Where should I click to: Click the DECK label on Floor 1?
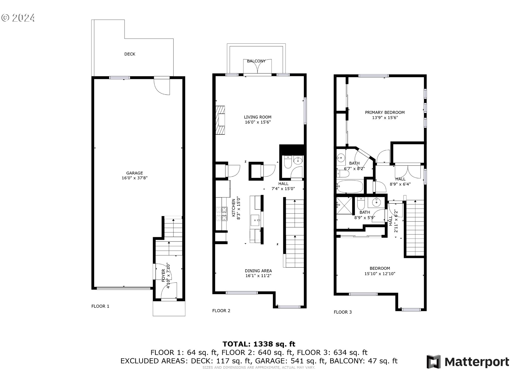pos(129,54)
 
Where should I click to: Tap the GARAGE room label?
pos(134,173)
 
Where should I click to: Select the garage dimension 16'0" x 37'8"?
pos(134,178)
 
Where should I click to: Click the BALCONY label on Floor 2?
pos(256,61)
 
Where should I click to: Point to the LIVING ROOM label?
pos(257,117)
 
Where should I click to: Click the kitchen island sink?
pos(255,220)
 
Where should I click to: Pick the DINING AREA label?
pos(258,271)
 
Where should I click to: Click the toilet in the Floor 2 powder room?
pos(287,162)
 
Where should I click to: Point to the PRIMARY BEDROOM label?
pos(385,112)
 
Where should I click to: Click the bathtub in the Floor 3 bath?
pos(350,187)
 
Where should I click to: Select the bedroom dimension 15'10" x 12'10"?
pos(380,274)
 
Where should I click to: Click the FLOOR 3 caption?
pos(343,312)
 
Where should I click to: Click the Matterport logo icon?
pos(434,361)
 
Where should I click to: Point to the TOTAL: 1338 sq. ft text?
pos(259,344)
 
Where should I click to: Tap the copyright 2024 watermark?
pos(18,18)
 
